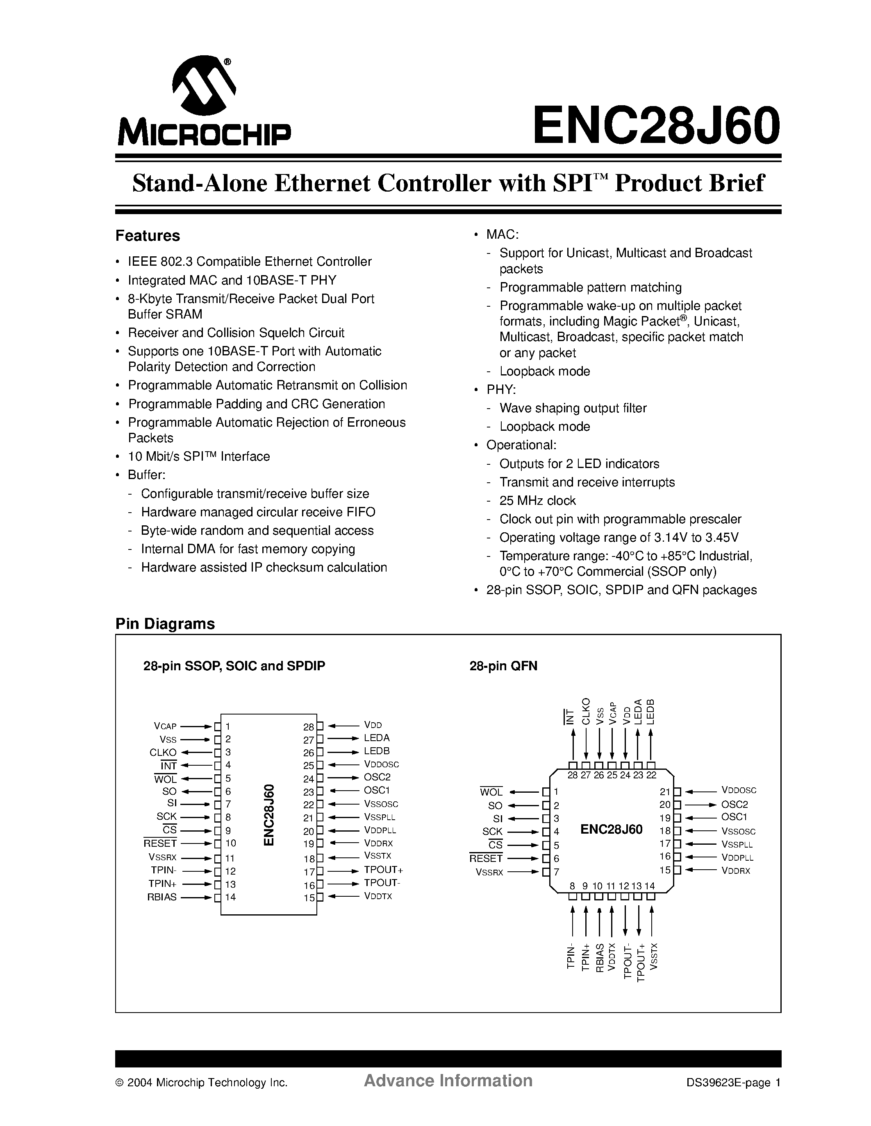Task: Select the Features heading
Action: pyautogui.click(x=148, y=235)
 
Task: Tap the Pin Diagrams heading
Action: pyautogui.click(x=165, y=623)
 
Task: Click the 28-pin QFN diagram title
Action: pyautogui.click(x=503, y=666)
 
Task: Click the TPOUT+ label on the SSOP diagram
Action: pyautogui.click(x=383, y=869)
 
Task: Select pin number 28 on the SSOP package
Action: pyautogui.click(x=309, y=727)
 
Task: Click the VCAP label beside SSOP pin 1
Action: pyautogui.click(x=165, y=726)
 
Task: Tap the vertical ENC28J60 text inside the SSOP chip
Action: pyautogui.click(x=269, y=814)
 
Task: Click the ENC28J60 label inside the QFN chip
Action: pyautogui.click(x=612, y=829)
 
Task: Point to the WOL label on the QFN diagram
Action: pyautogui.click(x=491, y=792)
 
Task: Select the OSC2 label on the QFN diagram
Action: pyautogui.click(x=734, y=804)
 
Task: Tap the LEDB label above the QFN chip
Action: pyautogui.click(x=650, y=712)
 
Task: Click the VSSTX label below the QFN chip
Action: pyautogui.click(x=654, y=957)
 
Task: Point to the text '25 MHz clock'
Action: pyautogui.click(x=537, y=501)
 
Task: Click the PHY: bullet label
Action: pyautogui.click(x=501, y=389)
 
